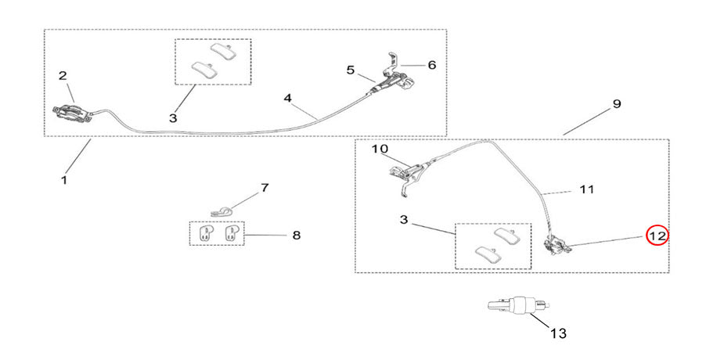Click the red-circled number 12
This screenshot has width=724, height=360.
pyautogui.click(x=656, y=234)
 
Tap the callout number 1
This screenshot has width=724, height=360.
pyautogui.click(x=63, y=180)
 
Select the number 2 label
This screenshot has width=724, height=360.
pyautogui.click(x=63, y=76)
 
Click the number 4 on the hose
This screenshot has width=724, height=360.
pyautogui.click(x=287, y=98)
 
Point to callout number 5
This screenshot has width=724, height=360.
pyautogui.click(x=351, y=70)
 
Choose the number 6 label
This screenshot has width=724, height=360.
pyautogui.click(x=431, y=65)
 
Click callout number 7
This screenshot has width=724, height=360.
pyautogui.click(x=264, y=188)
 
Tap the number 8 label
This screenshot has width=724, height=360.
pyautogui.click(x=295, y=234)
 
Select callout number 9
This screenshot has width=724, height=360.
pyautogui.click(x=616, y=103)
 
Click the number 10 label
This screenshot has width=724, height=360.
pyautogui.click(x=379, y=148)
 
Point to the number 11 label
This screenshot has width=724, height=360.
pyautogui.click(x=587, y=189)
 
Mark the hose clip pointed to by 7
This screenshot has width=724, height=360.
pyautogui.click(x=222, y=210)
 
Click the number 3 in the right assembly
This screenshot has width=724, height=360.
pyautogui.click(x=404, y=221)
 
